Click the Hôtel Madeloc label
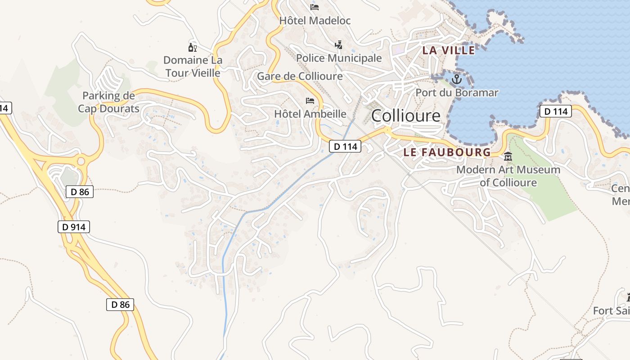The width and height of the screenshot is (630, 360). (315, 21)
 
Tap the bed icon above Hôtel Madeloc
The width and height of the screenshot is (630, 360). (315, 7)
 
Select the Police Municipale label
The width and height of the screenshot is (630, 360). (338, 58)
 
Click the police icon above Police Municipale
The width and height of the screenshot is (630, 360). (338, 45)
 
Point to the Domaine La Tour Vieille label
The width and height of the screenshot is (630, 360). (193, 67)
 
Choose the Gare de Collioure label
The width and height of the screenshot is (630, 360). (300, 76)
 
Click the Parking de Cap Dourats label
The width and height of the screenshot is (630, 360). (108, 102)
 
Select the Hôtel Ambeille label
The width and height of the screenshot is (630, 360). (310, 114)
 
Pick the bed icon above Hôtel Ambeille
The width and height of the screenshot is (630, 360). (310, 100)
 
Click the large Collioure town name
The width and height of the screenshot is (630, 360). (405, 116)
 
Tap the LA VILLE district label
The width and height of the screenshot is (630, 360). (448, 50)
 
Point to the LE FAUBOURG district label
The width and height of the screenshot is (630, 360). (447, 153)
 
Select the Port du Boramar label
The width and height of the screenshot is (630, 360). (457, 93)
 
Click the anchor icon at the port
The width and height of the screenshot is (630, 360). (457, 80)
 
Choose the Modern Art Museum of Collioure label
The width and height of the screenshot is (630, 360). (508, 176)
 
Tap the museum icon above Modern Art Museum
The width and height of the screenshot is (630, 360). (508, 157)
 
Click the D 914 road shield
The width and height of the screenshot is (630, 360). (74, 227)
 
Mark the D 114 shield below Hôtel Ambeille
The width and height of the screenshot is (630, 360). (345, 146)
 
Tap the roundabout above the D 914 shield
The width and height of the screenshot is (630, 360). (81, 161)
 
